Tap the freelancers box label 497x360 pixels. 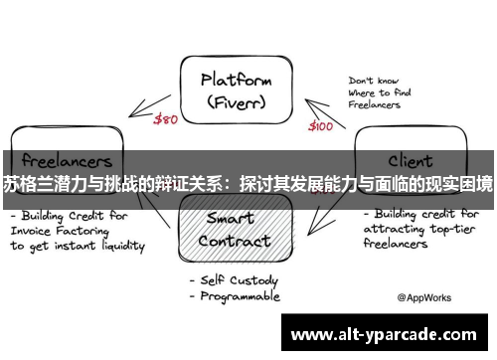pyautogui.click(x=60, y=159)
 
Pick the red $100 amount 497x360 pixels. pyautogui.click(x=322, y=127)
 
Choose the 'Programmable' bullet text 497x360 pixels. pyautogui.click(x=239, y=297)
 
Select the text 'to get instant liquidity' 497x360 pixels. pyautogui.click(x=78, y=245)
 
